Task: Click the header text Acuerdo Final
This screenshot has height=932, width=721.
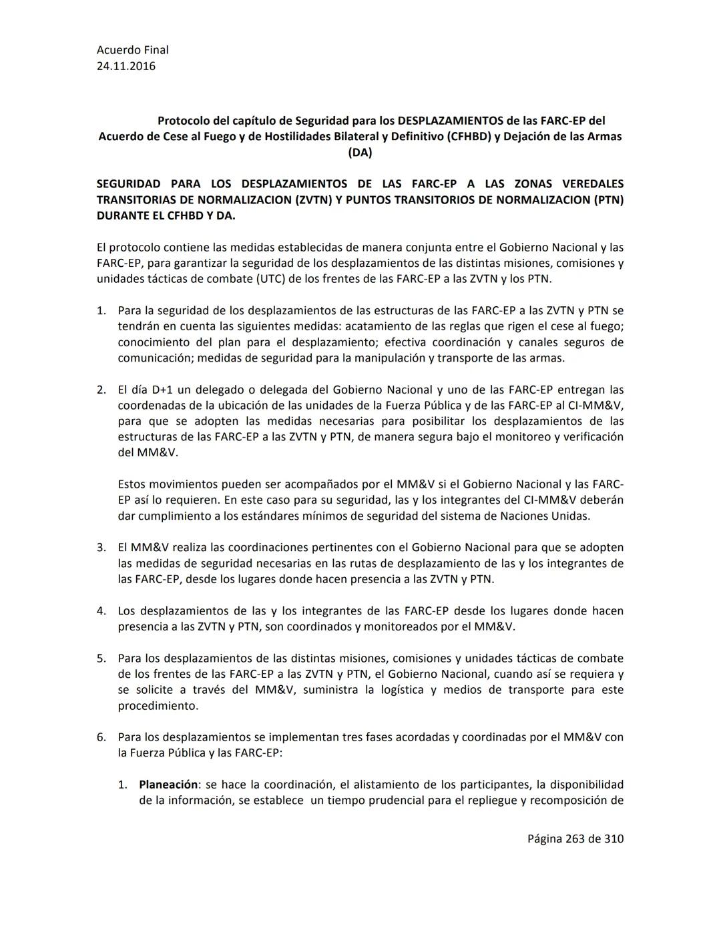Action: click(132, 50)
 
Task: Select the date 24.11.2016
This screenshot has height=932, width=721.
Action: click(126, 66)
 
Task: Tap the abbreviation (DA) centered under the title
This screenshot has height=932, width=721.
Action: click(360, 152)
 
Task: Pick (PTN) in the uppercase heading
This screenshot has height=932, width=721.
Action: click(608, 199)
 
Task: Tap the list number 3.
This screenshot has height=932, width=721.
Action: click(101, 548)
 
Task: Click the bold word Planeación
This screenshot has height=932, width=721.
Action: click(168, 785)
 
